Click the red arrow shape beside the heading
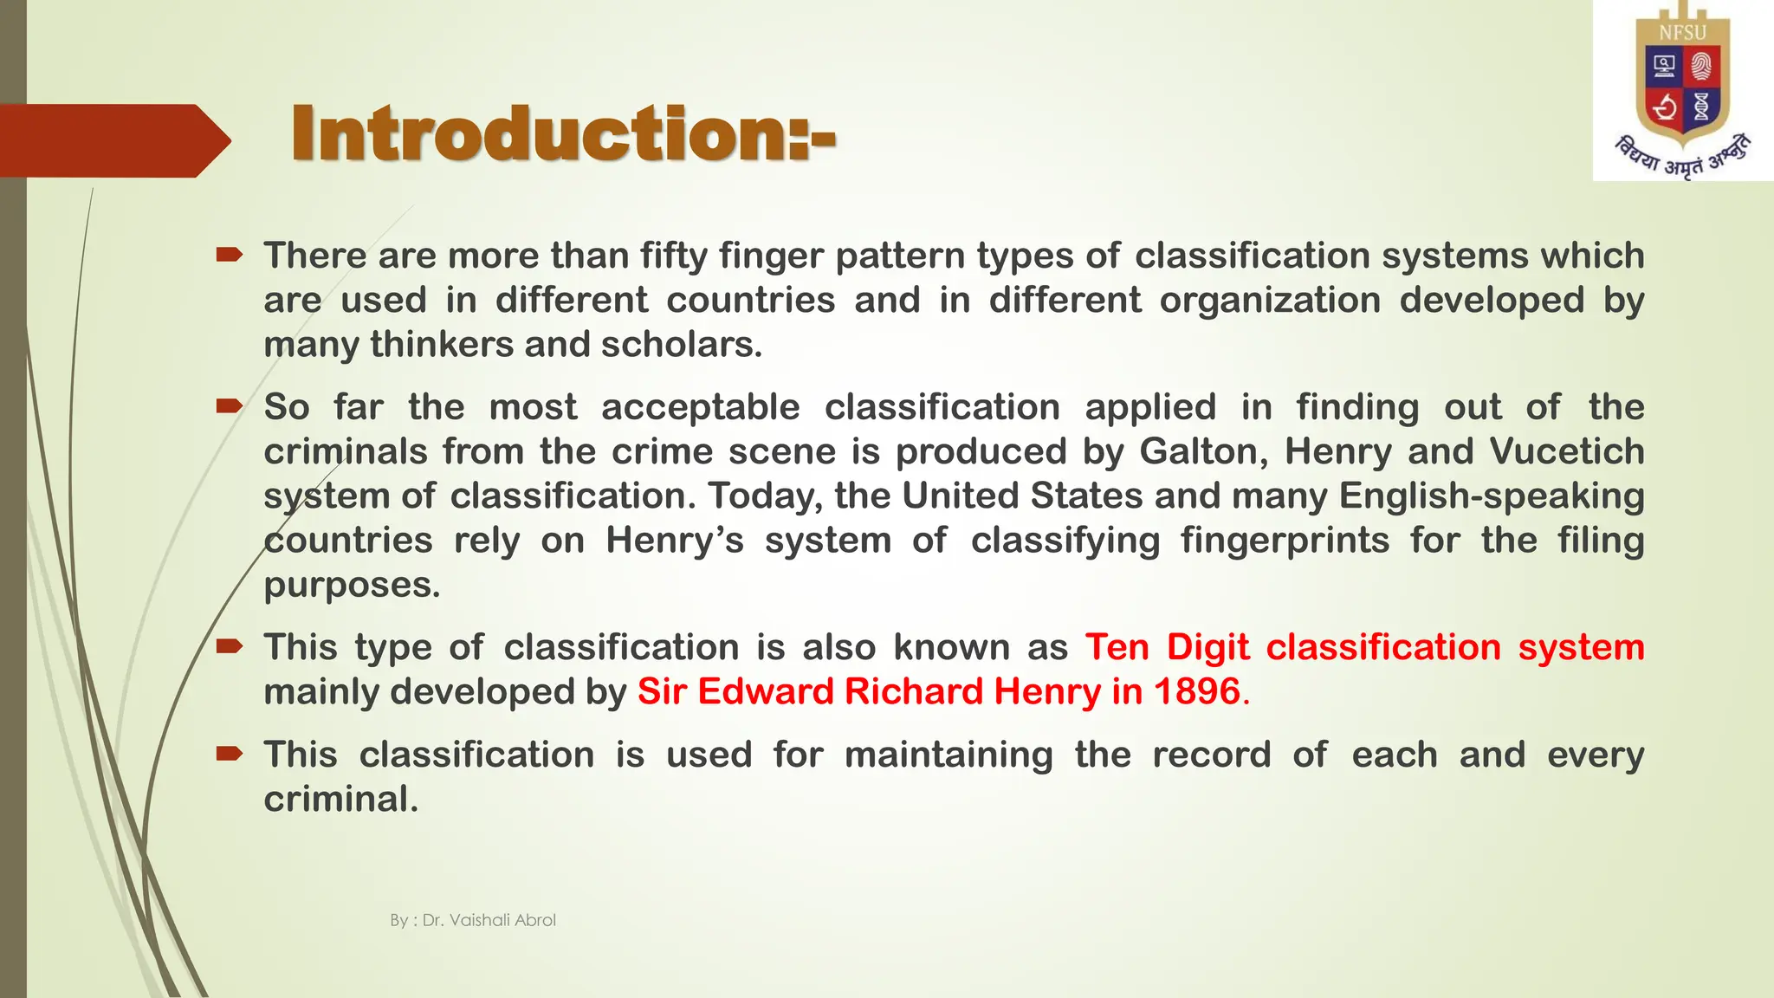point(113,140)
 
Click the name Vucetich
point(1566,451)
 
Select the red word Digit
point(1207,647)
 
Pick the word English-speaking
point(1491,496)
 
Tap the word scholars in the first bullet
point(681,345)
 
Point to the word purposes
point(352,585)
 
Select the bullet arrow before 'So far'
point(230,405)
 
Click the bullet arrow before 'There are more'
point(230,254)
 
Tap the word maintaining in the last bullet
point(949,755)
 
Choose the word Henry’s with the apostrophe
point(674,541)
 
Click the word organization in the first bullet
point(1270,301)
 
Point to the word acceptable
point(700,407)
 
